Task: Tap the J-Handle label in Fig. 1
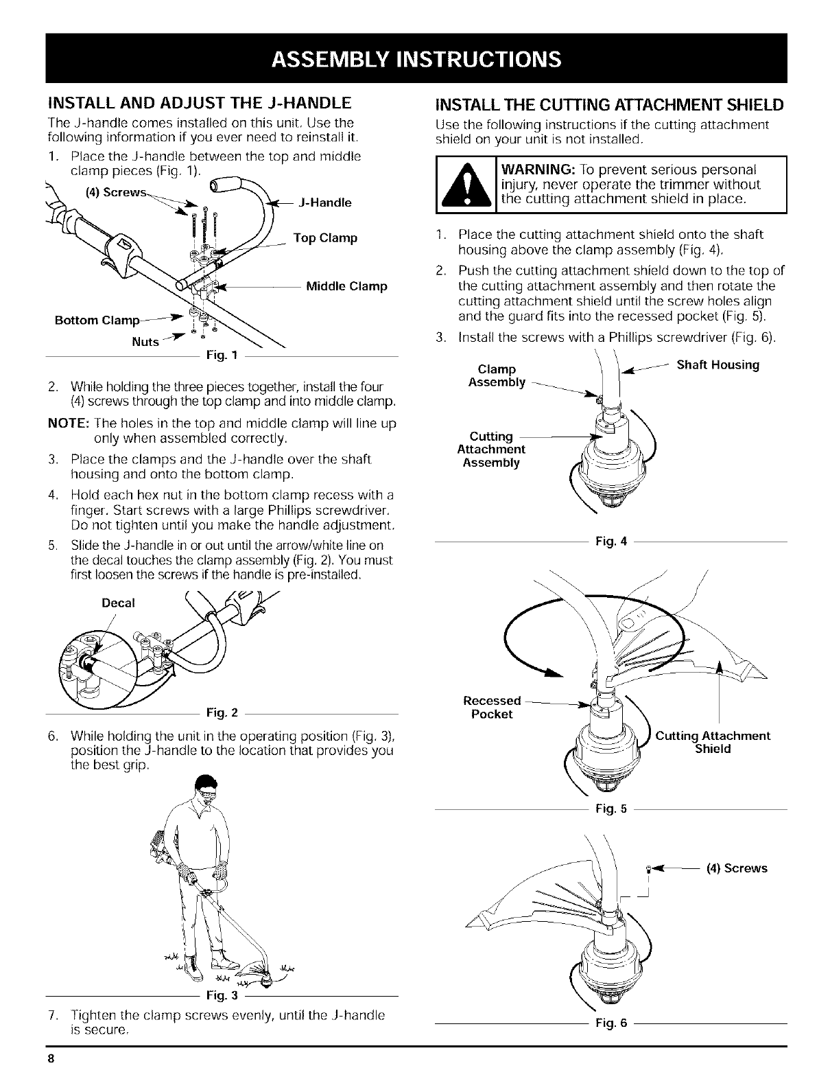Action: click(x=326, y=202)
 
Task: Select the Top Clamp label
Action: click(x=325, y=238)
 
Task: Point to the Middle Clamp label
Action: click(x=346, y=286)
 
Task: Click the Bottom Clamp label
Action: click(x=97, y=321)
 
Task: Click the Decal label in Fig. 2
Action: click(x=118, y=603)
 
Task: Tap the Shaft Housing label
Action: click(x=718, y=365)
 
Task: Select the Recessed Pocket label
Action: click(x=492, y=707)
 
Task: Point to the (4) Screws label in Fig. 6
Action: click(x=736, y=868)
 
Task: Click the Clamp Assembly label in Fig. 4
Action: click(x=497, y=376)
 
